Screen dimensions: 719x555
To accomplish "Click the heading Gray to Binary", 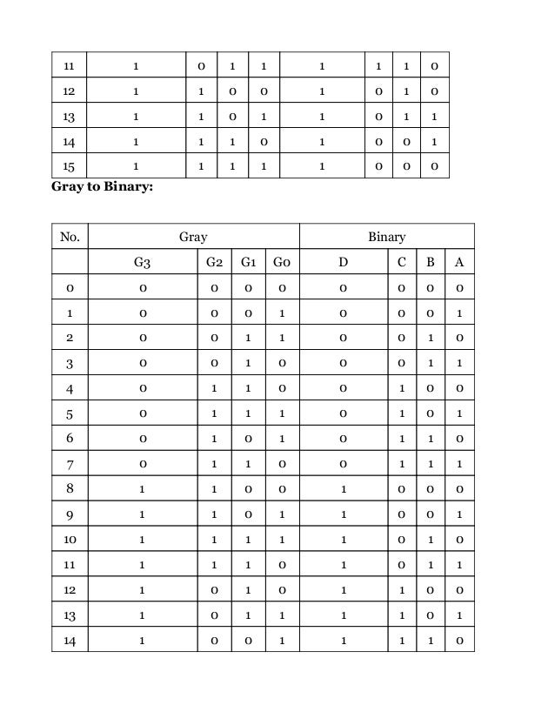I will [103, 185].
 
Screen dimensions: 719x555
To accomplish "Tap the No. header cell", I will [70, 237].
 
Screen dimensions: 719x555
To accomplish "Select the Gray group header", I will [193, 237].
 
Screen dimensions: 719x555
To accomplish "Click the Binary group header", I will [386, 237].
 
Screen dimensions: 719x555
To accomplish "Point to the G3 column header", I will [143, 262].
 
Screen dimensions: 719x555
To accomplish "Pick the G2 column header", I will [215, 262].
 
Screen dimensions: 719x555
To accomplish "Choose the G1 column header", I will [249, 262].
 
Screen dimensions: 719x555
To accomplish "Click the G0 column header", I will [282, 262].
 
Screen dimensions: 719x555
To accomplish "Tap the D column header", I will [344, 262].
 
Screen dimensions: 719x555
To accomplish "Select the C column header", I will [401, 262].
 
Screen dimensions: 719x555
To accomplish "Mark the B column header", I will [430, 262].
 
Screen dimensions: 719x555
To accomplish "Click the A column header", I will [459, 262].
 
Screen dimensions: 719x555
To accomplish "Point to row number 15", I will [70, 166].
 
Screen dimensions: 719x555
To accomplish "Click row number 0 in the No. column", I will [70, 288].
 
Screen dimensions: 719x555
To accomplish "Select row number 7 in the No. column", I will [70, 465].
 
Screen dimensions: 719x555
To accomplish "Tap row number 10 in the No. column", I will [70, 541].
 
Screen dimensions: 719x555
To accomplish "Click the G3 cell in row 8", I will [143, 490].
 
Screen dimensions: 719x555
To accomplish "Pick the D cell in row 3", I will [344, 364].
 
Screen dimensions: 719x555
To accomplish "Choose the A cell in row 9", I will [459, 515].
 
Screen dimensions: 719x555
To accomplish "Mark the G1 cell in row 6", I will [249, 440].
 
